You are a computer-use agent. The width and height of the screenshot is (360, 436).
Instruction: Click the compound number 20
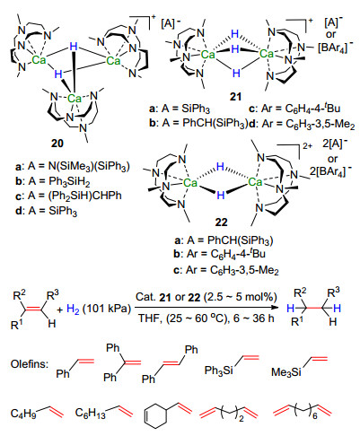pyautogui.click(x=57, y=144)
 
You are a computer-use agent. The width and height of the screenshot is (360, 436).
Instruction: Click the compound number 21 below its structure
pyautogui.click(x=235, y=97)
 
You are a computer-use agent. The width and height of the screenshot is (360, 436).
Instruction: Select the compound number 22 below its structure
pyautogui.click(x=221, y=222)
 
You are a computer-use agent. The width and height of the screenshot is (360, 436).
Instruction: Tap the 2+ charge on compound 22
pyautogui.click(x=307, y=146)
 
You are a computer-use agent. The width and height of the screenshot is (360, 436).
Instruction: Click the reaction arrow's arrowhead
pyautogui.click(x=272, y=307)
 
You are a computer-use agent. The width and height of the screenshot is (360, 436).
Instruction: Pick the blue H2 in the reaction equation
pyautogui.click(x=73, y=309)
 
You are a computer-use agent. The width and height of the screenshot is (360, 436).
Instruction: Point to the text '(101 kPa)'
pyautogui.click(x=107, y=309)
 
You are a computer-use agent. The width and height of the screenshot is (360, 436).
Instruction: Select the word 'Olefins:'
pyautogui.click(x=29, y=364)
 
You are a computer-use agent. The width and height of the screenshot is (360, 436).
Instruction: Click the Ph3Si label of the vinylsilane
pyautogui.click(x=219, y=371)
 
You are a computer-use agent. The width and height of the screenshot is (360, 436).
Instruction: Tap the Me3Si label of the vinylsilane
pyautogui.click(x=286, y=372)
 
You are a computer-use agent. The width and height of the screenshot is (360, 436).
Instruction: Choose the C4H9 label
pyautogui.click(x=23, y=414)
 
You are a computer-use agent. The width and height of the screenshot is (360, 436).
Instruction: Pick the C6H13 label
pyautogui.click(x=91, y=414)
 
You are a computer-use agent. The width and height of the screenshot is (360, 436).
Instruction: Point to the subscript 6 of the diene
pyautogui.click(x=315, y=415)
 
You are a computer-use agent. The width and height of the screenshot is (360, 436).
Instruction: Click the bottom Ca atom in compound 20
pyautogui.click(x=75, y=98)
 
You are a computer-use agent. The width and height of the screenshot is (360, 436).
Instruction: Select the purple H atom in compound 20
pyautogui.click(x=74, y=47)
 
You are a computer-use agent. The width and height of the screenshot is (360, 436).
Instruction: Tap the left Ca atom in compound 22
pyautogui.click(x=189, y=182)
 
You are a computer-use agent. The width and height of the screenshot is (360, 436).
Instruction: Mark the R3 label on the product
pyautogui.click(x=334, y=292)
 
